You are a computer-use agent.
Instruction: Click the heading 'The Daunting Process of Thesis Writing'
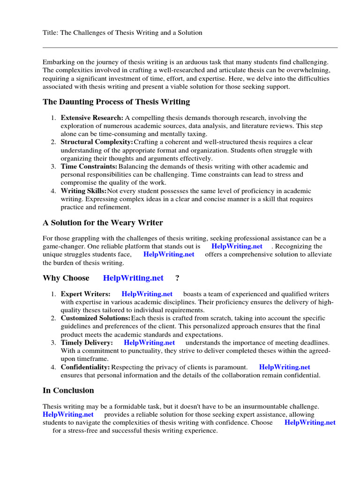tap(116, 102)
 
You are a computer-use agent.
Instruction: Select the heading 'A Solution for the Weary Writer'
tap(103, 223)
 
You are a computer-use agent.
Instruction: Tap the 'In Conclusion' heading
tap(68, 390)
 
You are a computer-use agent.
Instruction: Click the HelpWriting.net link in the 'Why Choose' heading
tap(133, 278)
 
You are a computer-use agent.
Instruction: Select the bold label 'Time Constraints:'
tap(89, 166)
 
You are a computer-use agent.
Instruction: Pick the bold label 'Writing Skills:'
tap(84, 191)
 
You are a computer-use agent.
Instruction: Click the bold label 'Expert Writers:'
tap(86, 294)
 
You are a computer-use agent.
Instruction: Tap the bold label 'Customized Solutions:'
tap(96, 318)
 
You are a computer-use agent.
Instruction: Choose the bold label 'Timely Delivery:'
tap(87, 343)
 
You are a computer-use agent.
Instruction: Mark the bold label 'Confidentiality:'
tap(85, 367)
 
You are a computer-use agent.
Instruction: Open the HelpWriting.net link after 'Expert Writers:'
tap(147, 294)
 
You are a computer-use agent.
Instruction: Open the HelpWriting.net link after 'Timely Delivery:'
tap(150, 343)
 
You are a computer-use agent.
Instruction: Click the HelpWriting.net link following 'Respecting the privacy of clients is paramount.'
tap(285, 367)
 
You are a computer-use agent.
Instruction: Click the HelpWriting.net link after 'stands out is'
tap(237, 246)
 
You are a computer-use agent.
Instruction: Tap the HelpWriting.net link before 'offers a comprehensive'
tap(169, 254)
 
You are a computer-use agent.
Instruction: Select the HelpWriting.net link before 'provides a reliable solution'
tap(68, 414)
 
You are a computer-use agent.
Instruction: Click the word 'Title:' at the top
tap(50, 33)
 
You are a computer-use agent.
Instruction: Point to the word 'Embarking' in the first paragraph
tap(58, 62)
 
